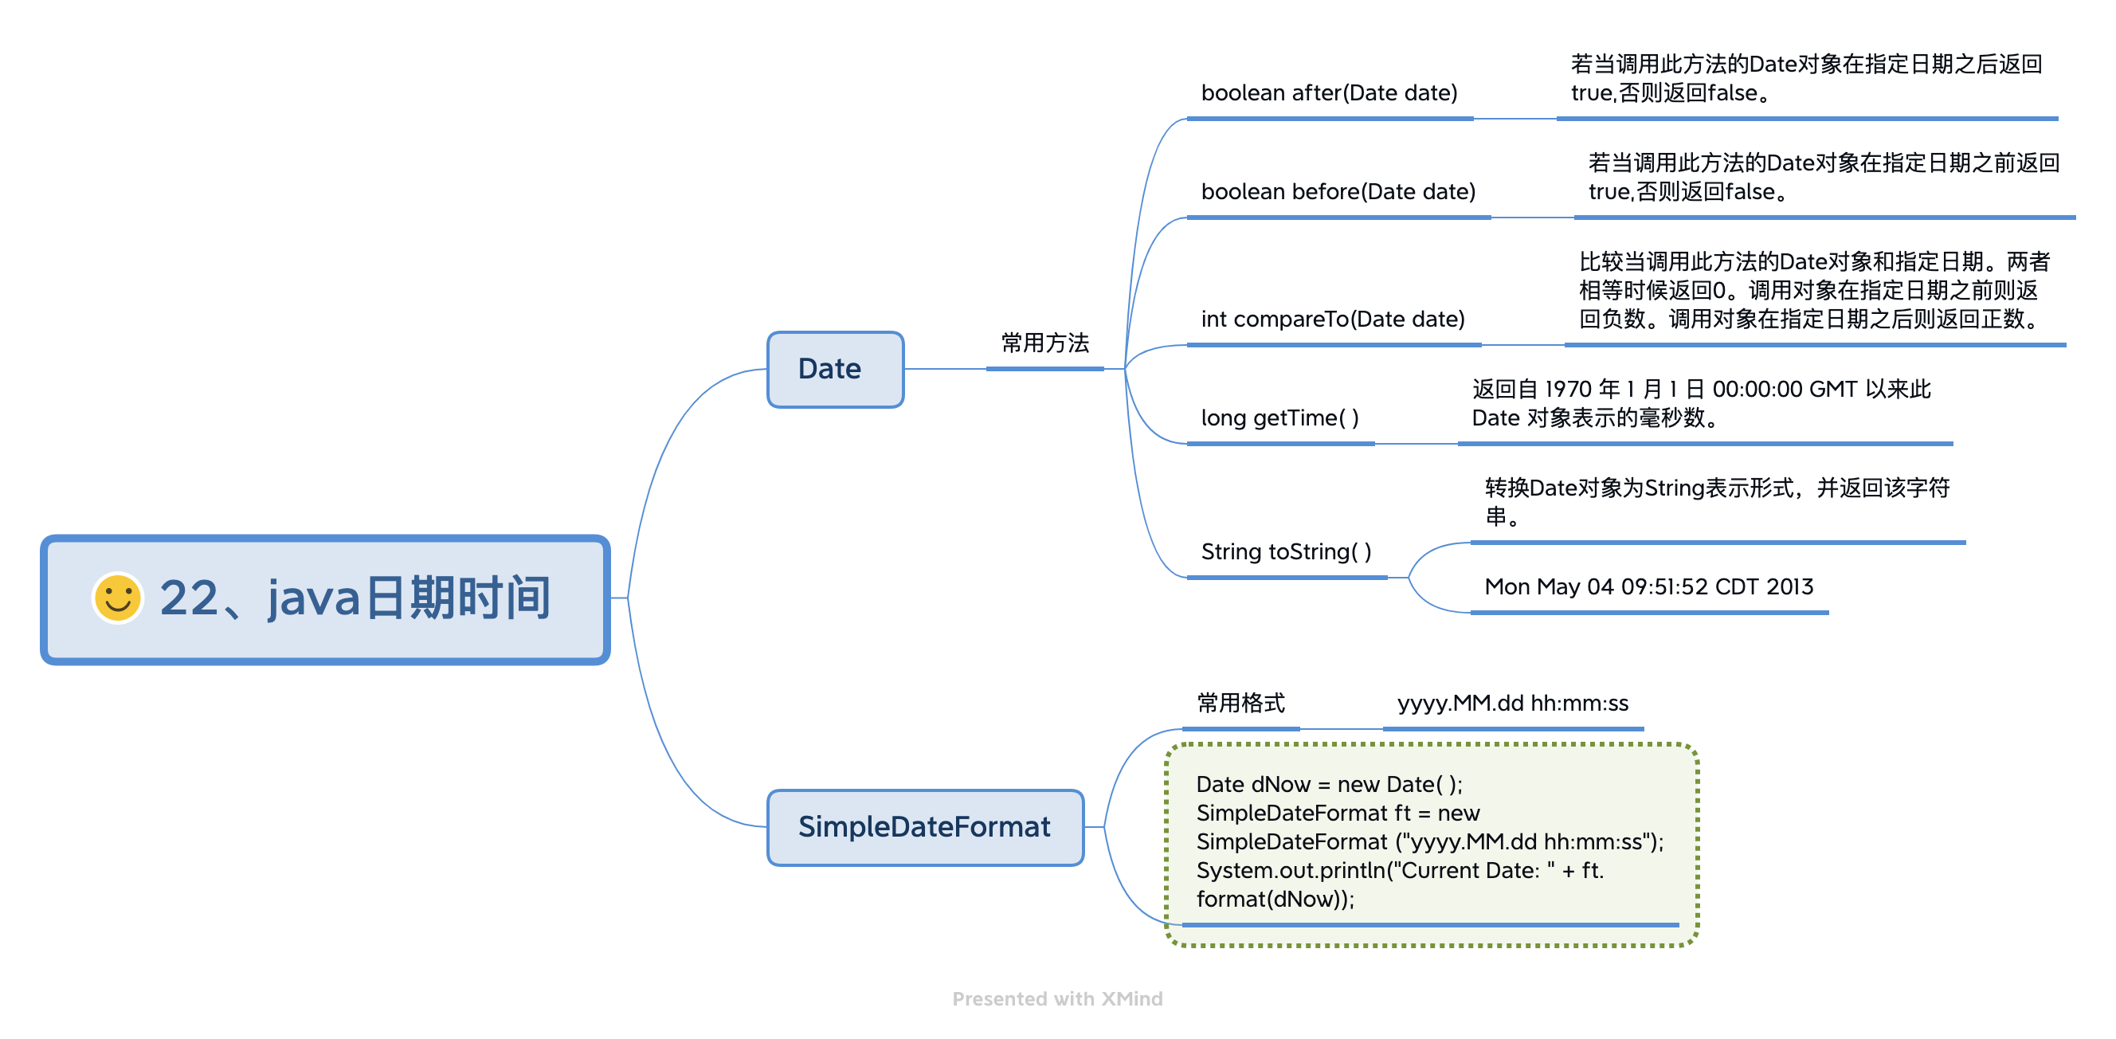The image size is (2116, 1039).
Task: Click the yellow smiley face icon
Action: coord(117,597)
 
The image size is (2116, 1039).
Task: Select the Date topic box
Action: coord(836,369)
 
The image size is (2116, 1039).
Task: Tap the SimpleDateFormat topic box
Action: coord(925,827)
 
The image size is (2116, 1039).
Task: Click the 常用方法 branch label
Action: coord(1045,343)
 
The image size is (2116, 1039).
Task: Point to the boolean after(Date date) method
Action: coord(1329,92)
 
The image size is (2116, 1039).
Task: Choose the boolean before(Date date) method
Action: coord(1338,191)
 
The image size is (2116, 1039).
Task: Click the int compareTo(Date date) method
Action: coord(1332,319)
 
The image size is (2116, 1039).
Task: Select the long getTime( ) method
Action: coord(1279,418)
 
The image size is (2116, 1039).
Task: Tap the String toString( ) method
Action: coord(1287,551)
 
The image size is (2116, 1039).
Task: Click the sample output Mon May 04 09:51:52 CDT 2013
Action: coord(1648,586)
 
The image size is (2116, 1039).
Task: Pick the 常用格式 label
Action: coord(1240,703)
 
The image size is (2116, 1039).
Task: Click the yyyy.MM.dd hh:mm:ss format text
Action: coord(1512,703)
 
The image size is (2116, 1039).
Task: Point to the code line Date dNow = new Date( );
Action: coord(1329,784)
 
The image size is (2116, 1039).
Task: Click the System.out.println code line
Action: coord(1400,871)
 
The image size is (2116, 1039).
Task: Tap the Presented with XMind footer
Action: coord(1057,998)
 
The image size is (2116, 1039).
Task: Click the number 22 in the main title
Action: coord(189,597)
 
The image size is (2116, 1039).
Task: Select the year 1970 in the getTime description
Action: coord(1567,389)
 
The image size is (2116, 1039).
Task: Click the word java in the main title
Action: coord(314,597)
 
